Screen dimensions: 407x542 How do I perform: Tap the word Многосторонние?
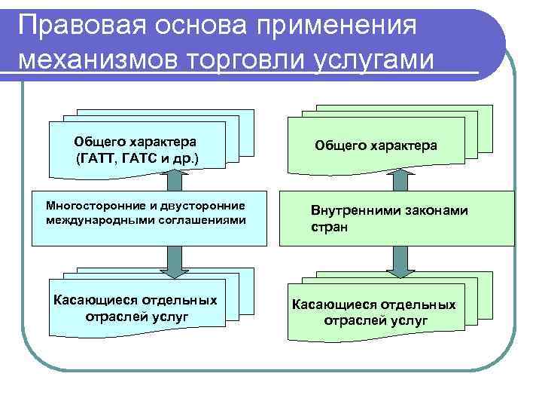point(96,205)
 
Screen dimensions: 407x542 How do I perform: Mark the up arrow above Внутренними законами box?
point(400,182)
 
